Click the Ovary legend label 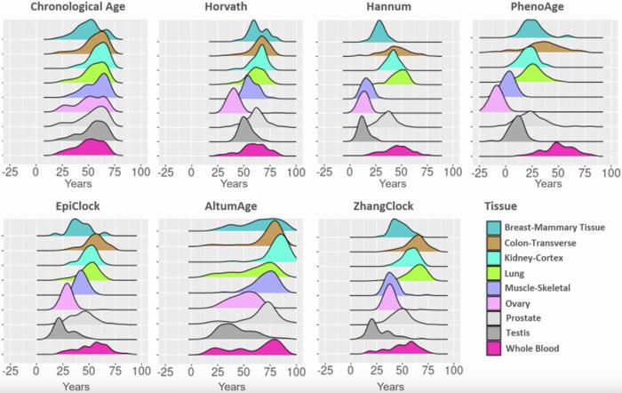(522, 302)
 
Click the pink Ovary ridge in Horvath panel (216, 105)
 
